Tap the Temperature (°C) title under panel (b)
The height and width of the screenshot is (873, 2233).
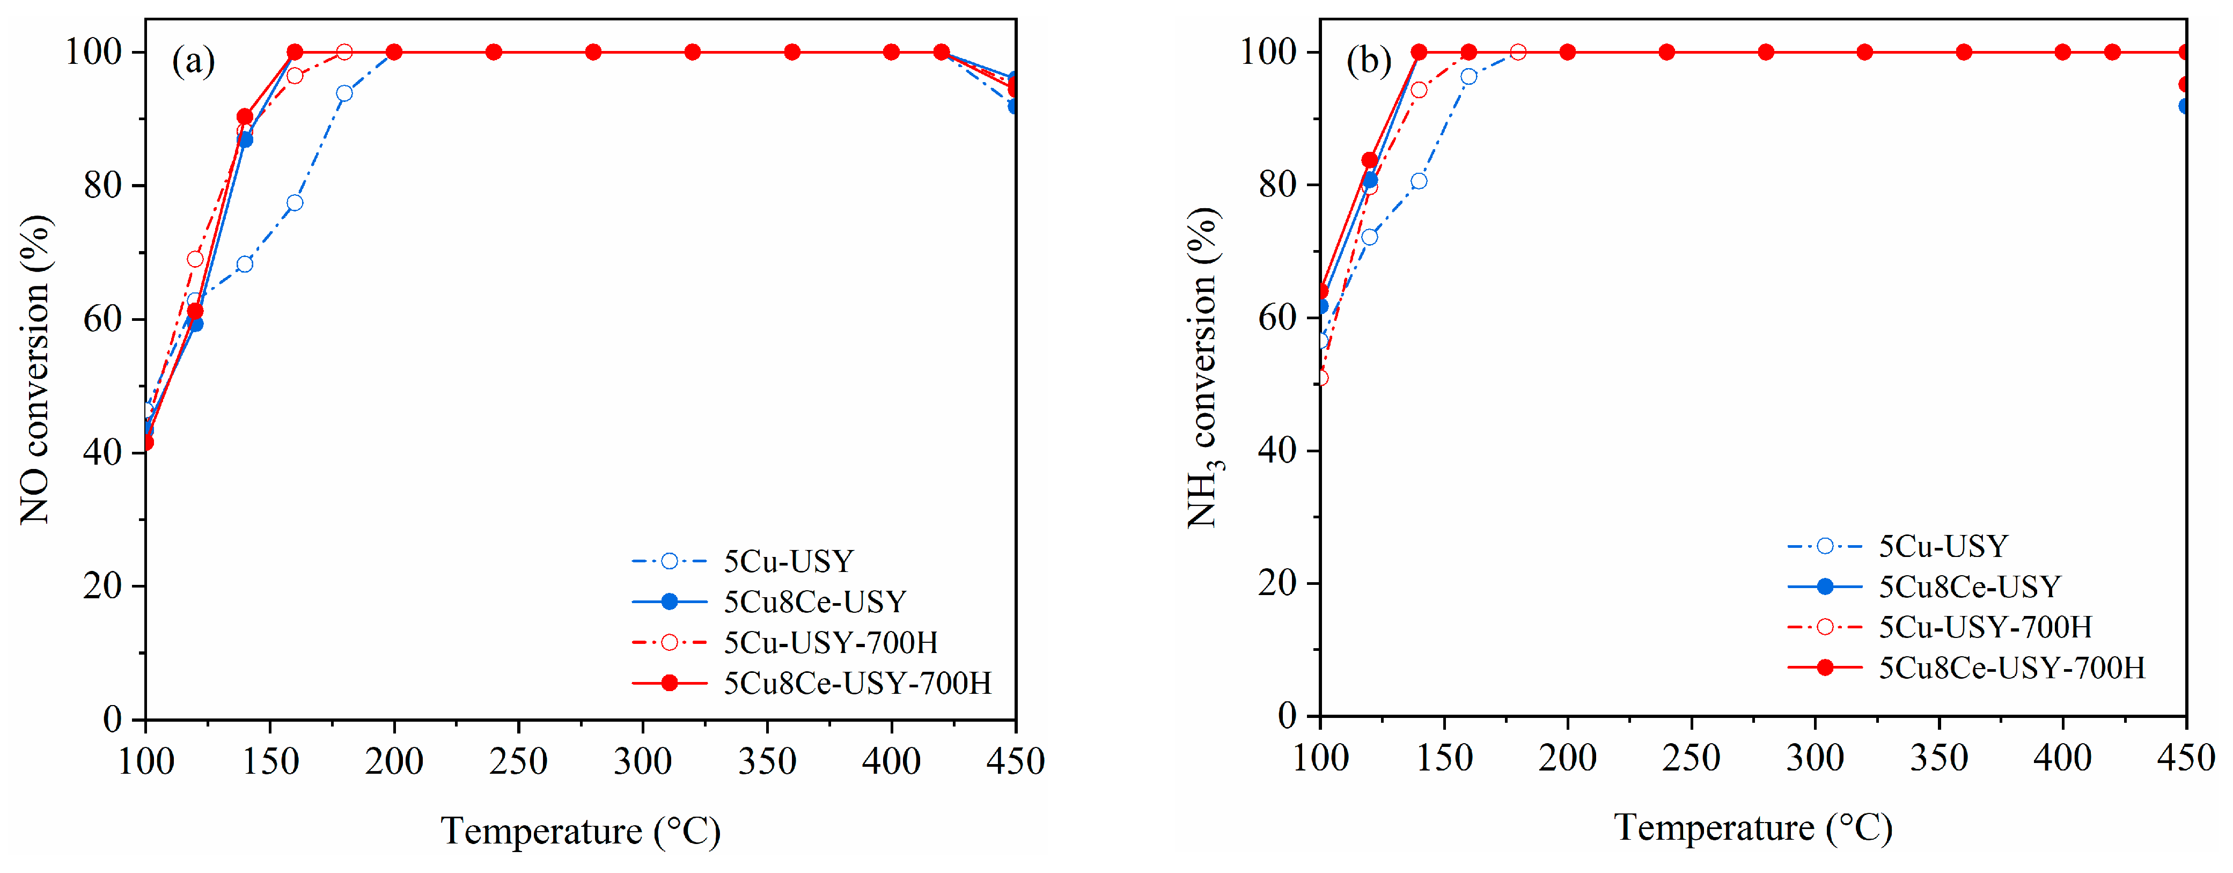click(x=1753, y=828)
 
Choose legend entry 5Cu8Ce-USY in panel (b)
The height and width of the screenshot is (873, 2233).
click(x=1968, y=587)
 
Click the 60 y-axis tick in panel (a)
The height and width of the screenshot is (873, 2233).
click(x=102, y=319)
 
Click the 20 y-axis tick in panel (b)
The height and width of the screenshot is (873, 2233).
click(x=1278, y=583)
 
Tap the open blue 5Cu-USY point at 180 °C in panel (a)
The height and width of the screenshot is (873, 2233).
click(x=344, y=93)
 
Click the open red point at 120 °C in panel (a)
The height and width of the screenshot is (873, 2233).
click(x=195, y=259)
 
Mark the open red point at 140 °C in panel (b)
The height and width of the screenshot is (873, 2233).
click(x=1419, y=90)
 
